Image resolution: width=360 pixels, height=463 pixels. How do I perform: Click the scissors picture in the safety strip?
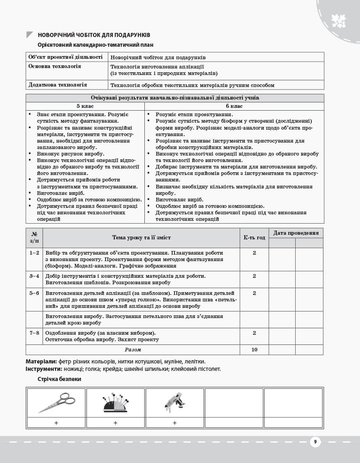pyautogui.click(x=56, y=402)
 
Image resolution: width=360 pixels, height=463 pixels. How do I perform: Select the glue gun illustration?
pyautogui.click(x=174, y=402)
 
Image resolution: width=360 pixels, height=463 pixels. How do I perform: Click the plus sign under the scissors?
pyautogui.click(x=56, y=423)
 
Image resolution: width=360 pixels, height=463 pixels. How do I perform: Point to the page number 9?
pyautogui.click(x=315, y=442)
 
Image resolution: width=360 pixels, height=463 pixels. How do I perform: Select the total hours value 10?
pyautogui.click(x=254, y=350)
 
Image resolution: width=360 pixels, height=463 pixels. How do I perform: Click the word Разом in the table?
pyautogui.click(x=133, y=350)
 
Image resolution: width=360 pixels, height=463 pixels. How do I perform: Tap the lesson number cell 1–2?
pyautogui.click(x=34, y=253)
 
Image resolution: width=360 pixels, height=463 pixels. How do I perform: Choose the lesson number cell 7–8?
pyautogui.click(x=34, y=333)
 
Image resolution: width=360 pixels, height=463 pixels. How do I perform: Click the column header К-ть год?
pyautogui.click(x=254, y=238)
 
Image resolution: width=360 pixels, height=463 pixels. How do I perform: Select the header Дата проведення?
pyautogui.click(x=296, y=233)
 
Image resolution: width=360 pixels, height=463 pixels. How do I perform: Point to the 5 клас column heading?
pyautogui.click(x=85, y=106)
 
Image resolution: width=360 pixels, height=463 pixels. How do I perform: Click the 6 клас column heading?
pyautogui.click(x=234, y=106)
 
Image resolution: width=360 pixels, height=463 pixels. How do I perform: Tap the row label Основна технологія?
pyautogui.click(x=55, y=67)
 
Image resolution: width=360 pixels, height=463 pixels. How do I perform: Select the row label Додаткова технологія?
pyautogui.click(x=57, y=85)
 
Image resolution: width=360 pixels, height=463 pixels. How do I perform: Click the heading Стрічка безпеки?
pyautogui.click(x=59, y=379)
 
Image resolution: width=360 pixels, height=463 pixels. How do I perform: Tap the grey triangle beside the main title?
pyautogui.click(x=30, y=35)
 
